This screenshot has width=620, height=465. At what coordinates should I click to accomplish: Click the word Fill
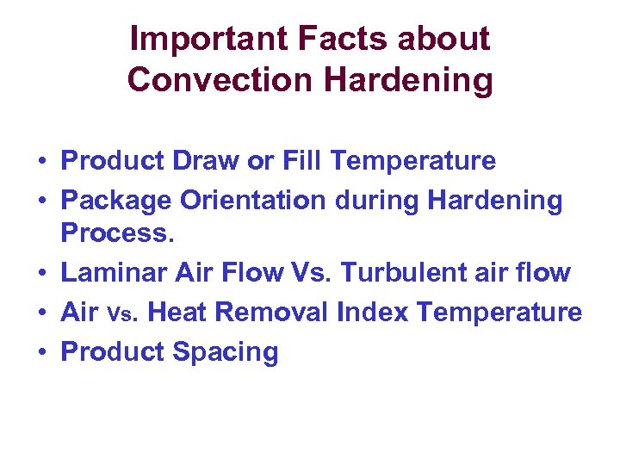coord(302,161)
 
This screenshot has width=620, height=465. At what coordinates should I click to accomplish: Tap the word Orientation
coord(253,201)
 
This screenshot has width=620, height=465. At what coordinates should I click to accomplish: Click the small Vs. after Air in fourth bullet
coord(124,314)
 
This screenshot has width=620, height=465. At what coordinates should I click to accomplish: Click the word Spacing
coord(226,351)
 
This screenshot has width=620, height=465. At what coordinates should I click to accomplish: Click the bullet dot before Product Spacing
coord(41,352)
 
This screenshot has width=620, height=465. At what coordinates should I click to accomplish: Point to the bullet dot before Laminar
coord(41,274)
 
